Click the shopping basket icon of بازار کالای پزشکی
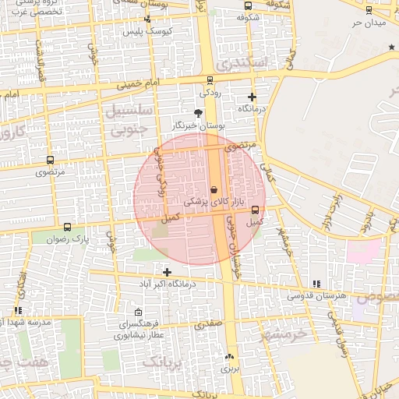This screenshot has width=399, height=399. pyautogui.click(x=214, y=189)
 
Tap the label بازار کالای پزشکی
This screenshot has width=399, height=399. pyautogui.click(x=209, y=201)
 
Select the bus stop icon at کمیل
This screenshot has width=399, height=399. pyautogui.click(x=255, y=210)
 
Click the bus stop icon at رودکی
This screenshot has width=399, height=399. pyautogui.click(x=209, y=80)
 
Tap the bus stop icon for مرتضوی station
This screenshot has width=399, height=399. pyautogui.click(x=51, y=160)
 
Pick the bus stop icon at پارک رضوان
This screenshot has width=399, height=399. pyautogui.click(x=67, y=228)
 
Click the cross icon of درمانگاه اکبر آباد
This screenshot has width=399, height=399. pyautogui.click(x=167, y=271)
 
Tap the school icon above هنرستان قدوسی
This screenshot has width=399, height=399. pyautogui.click(x=316, y=284)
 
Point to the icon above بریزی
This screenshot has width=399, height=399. pyautogui.click(x=229, y=357)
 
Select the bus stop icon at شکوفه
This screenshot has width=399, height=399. pyautogui.click(x=248, y=5)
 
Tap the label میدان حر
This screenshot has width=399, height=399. pyautogui.click(x=369, y=23)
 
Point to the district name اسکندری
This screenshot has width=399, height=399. pyautogui.click(x=245, y=62)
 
